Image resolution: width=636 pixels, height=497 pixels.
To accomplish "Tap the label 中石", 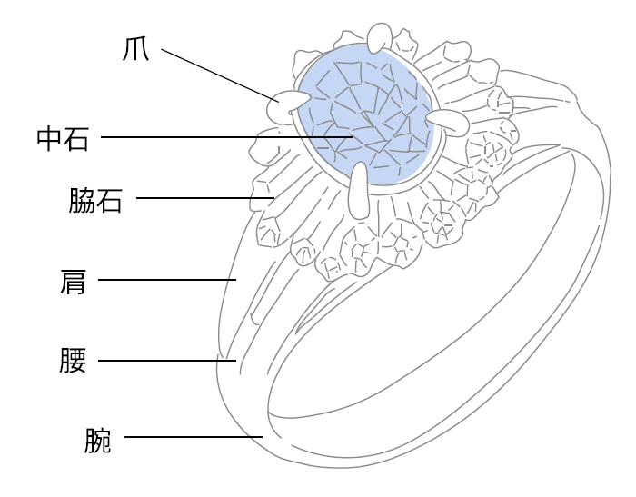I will [x=63, y=138].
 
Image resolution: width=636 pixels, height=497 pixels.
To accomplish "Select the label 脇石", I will [x=95, y=199].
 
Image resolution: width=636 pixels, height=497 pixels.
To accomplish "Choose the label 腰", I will [x=73, y=362].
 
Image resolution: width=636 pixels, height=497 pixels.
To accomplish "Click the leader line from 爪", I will [x=218, y=74].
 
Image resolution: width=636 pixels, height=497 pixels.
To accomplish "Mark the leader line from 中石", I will [x=218, y=138].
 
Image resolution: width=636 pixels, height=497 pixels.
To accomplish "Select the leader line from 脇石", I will [x=204, y=197].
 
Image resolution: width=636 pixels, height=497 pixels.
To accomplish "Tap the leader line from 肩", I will [x=168, y=280].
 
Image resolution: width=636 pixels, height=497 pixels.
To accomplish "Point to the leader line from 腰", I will [x=168, y=361].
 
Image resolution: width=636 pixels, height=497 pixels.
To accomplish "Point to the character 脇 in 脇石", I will [x=81, y=199].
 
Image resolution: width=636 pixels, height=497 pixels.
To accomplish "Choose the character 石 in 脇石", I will [x=110, y=199].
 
